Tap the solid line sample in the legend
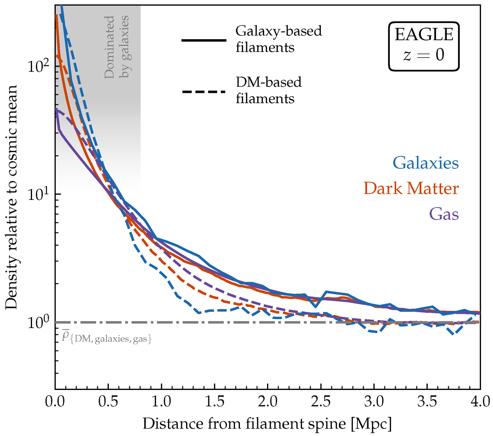[x=204, y=40]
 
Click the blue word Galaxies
[x=426, y=163]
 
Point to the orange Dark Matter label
[x=411, y=189]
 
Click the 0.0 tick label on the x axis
[x=55, y=401]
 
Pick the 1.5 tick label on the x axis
[x=215, y=401]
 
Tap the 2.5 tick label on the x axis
[x=321, y=401]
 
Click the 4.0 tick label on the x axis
[x=480, y=401]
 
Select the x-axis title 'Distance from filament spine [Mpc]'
[x=267, y=423]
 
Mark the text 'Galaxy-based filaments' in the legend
[x=279, y=39]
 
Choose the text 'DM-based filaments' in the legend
[x=269, y=90]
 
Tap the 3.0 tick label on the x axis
[x=374, y=401]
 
